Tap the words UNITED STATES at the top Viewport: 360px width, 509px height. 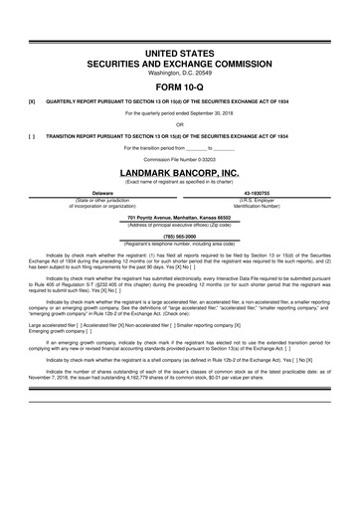(180, 50)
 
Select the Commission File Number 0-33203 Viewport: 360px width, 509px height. (180, 158)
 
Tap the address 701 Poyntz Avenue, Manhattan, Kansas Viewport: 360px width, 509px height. (180, 216)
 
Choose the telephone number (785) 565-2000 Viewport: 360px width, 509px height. (180, 236)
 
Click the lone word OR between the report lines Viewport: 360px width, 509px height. (180, 123)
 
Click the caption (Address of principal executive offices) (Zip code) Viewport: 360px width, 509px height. (180, 224)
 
